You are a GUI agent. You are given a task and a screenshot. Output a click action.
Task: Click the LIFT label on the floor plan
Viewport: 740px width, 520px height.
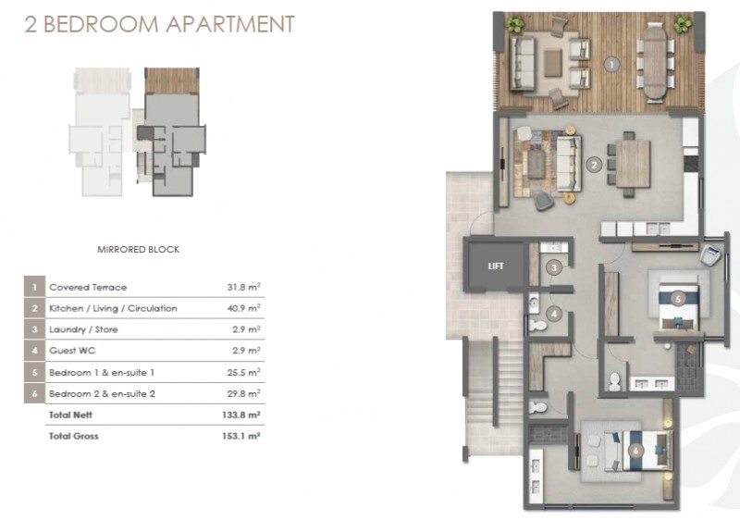(496, 266)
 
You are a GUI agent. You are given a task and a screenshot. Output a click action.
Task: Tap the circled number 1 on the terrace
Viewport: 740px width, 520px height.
(611, 64)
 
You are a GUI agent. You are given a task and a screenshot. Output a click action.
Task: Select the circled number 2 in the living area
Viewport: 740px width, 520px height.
(594, 165)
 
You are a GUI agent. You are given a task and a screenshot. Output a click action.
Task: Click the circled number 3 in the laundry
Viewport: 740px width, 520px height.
(554, 268)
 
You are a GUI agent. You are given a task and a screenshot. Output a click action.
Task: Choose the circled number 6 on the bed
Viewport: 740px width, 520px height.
(635, 451)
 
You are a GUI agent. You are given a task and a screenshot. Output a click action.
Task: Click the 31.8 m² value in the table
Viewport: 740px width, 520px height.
(243, 287)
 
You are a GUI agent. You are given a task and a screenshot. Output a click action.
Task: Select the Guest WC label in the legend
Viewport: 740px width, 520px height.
(72, 351)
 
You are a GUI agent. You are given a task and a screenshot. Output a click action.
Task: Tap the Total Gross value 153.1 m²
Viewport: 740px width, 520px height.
(241, 436)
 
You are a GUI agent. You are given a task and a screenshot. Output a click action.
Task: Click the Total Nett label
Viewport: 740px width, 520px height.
(71, 415)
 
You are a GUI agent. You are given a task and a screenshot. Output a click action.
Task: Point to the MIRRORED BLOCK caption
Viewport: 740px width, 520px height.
(138, 250)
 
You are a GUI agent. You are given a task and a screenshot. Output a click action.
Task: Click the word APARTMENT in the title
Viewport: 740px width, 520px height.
(230, 25)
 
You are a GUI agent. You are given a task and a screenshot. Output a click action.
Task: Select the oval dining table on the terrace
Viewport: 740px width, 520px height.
(656, 61)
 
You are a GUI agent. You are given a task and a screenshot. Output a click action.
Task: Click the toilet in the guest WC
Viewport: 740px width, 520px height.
(537, 325)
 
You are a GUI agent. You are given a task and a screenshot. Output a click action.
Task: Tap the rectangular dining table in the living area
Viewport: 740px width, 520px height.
(634, 165)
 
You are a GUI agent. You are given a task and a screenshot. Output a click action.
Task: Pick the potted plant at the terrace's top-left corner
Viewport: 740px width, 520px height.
(514, 24)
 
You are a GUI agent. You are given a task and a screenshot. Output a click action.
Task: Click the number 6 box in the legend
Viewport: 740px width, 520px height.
(34, 393)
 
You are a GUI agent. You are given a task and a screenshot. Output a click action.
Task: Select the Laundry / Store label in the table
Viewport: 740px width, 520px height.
(83, 329)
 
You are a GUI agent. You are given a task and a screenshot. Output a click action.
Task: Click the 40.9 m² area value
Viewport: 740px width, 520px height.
(243, 308)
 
